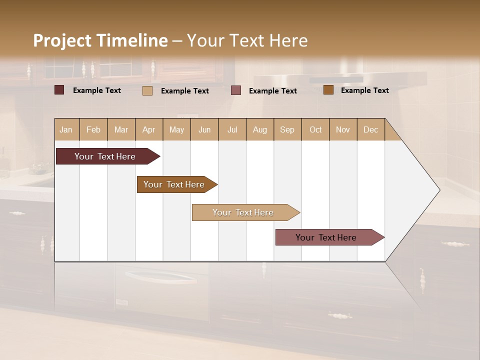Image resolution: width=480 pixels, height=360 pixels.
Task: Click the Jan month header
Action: (x=66, y=129)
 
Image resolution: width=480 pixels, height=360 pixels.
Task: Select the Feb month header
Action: (x=93, y=129)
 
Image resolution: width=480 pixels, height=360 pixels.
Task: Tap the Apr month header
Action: (x=149, y=129)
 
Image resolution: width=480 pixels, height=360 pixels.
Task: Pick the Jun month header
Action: (x=204, y=129)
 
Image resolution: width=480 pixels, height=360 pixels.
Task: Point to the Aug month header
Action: (x=260, y=129)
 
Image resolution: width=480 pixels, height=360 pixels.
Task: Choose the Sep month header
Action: (x=287, y=129)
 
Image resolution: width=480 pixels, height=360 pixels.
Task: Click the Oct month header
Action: (x=315, y=129)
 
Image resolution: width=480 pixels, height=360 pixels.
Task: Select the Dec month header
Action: (x=371, y=129)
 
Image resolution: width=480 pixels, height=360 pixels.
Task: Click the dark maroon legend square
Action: (x=59, y=90)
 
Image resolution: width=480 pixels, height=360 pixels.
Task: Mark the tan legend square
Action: (x=147, y=90)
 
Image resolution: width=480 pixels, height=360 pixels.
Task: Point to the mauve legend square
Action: (x=236, y=90)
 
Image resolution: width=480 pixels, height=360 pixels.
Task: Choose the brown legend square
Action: (x=328, y=90)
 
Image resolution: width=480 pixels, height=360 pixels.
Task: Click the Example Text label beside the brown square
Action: (x=364, y=90)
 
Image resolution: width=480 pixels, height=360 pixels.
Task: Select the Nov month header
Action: (x=343, y=129)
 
